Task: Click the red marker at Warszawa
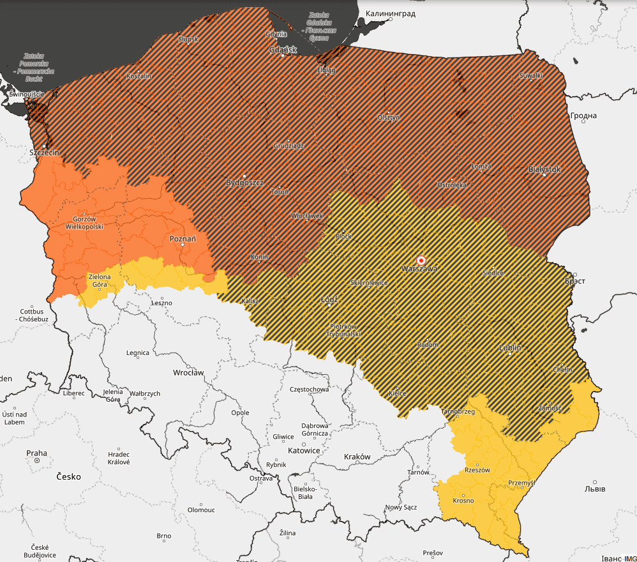click(421, 261)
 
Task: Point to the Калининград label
click(390, 13)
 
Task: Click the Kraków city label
click(357, 457)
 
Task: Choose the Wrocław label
click(188, 372)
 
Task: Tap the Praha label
click(36, 453)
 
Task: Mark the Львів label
click(595, 489)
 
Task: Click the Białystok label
click(544, 169)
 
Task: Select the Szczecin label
click(44, 153)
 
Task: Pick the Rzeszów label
click(477, 470)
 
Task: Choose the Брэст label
click(574, 281)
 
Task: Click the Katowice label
click(304, 450)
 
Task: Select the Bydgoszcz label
click(244, 183)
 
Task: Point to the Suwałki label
click(530, 76)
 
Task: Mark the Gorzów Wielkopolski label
click(84, 222)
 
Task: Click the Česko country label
click(68, 476)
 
